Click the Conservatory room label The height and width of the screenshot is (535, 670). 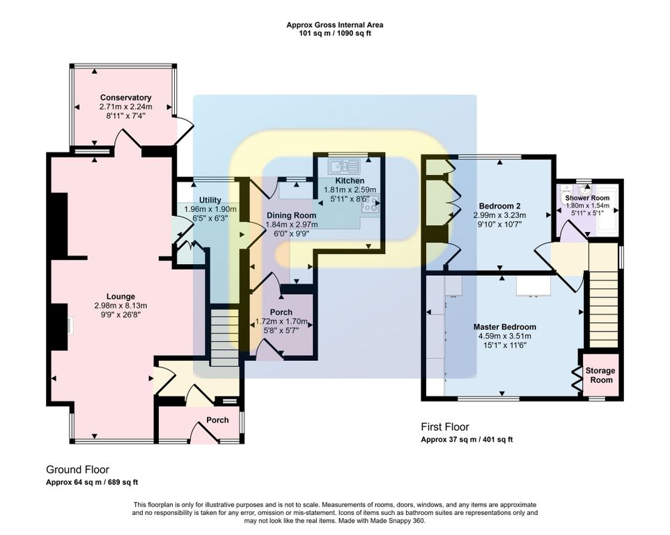tap(125, 98)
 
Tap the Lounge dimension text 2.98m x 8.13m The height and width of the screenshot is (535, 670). tap(121, 306)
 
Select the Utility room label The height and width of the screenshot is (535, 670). tap(210, 200)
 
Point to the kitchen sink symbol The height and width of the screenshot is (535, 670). tap(344, 166)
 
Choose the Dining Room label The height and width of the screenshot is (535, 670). tap(291, 215)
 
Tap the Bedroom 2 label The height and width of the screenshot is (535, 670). tap(500, 206)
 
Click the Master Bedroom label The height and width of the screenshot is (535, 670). tap(505, 327)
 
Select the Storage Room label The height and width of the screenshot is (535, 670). tap(601, 375)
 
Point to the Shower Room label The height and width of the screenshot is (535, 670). tap(588, 199)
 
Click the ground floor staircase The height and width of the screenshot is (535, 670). tap(224, 338)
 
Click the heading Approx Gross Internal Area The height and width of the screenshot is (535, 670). tap(334, 25)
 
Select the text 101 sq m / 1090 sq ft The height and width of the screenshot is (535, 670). tap(335, 33)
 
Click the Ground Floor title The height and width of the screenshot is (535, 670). tap(77, 470)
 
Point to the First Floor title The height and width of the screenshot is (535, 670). tap(445, 427)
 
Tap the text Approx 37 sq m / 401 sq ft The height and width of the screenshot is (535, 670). tap(467, 440)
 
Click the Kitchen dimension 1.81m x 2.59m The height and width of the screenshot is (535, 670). tap(350, 189)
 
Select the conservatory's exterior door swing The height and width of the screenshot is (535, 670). tap(184, 131)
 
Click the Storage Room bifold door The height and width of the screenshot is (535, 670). tap(577, 378)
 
